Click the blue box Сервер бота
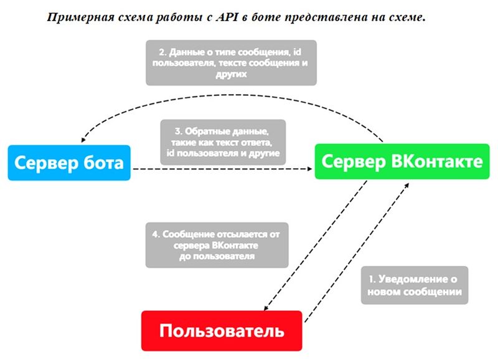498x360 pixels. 69,163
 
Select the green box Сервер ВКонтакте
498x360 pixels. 402,162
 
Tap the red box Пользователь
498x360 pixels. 222,330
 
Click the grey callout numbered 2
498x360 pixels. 231,63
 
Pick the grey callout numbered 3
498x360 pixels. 222,143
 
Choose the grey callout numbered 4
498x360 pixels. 217,245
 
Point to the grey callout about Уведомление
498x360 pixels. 415,285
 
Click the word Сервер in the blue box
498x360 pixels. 44,163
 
